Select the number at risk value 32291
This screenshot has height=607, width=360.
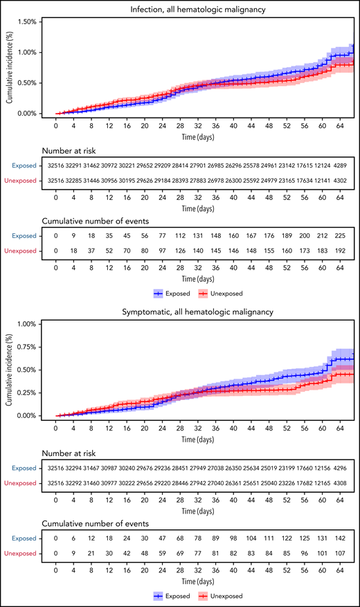(73, 166)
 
